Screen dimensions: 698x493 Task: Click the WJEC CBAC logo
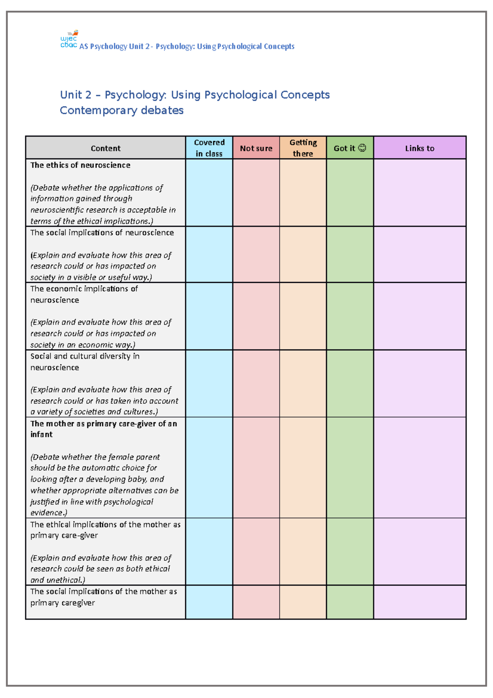69,40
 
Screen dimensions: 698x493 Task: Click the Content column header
106,148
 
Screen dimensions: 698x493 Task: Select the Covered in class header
209,148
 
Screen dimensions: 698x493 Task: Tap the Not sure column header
256,148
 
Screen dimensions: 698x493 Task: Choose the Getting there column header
303,148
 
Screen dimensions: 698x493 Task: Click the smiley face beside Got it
362,148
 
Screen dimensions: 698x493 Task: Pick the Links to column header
419,148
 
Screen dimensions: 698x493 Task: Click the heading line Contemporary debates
122,111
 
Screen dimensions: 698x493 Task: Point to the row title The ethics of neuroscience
80,165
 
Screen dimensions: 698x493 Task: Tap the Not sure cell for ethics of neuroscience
256,192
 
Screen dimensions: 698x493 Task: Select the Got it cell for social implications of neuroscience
350,254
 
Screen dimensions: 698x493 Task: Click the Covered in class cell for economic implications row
209,316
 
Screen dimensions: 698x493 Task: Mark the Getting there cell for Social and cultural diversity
303,384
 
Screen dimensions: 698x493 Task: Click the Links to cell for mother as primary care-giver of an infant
419,467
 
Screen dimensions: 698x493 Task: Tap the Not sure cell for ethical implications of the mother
256,551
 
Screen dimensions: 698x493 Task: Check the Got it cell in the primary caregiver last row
350,602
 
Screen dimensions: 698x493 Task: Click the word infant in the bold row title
41,435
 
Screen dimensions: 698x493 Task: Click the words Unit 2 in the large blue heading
76,95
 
